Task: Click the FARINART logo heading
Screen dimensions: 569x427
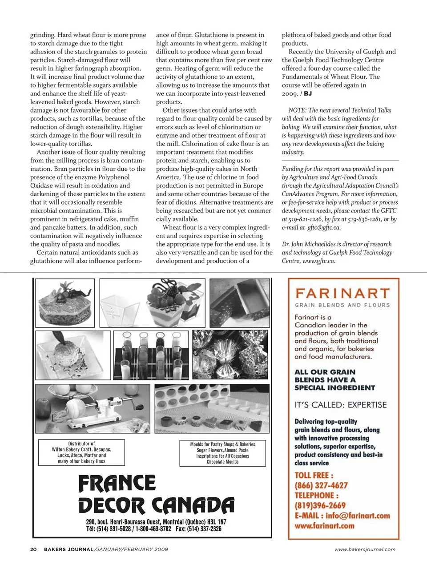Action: coord(342,294)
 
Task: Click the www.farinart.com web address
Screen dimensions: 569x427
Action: coord(324,525)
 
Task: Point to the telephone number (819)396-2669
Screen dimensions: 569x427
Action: coord(320,505)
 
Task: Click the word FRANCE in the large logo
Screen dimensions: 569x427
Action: coord(117,484)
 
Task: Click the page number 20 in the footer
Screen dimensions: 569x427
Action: coord(33,549)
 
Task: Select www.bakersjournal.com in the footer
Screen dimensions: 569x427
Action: coord(365,549)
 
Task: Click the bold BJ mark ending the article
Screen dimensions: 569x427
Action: coord(308,93)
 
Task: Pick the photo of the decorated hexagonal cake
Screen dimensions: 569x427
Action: coord(65,303)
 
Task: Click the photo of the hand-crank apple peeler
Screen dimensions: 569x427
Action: coord(93,408)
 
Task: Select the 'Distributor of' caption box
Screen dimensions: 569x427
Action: coord(81,452)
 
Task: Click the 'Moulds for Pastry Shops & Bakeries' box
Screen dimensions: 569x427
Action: coord(222,453)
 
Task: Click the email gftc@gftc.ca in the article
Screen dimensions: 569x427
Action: coord(324,227)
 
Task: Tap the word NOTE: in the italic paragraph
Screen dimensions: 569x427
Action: coord(297,110)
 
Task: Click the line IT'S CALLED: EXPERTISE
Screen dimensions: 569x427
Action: coord(340,405)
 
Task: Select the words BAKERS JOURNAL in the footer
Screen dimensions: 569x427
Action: coord(68,549)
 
